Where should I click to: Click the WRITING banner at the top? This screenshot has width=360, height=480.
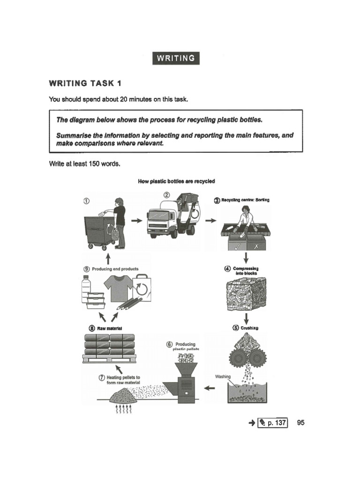click(x=176, y=58)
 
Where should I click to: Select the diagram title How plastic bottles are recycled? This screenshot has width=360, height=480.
click(x=177, y=181)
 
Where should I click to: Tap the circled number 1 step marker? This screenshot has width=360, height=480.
click(x=86, y=201)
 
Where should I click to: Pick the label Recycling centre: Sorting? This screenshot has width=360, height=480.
click(x=242, y=200)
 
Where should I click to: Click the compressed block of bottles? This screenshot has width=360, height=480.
click(x=246, y=294)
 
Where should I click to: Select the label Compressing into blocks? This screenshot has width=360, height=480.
click(x=246, y=271)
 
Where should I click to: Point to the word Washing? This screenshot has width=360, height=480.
click(x=222, y=376)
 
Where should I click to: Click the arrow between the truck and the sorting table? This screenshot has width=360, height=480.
click(x=211, y=221)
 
